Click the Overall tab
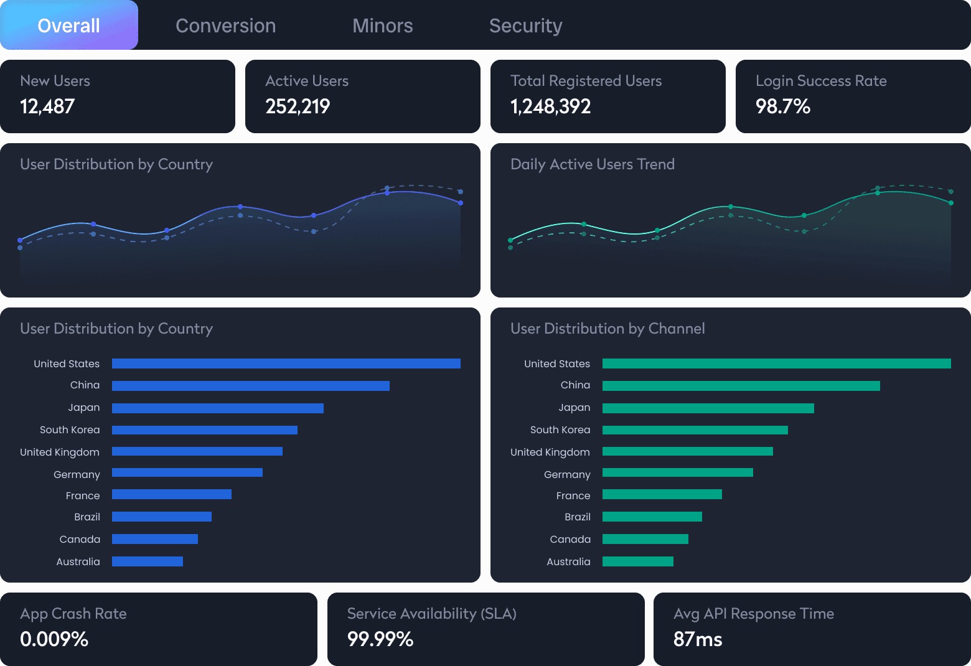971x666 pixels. (x=68, y=26)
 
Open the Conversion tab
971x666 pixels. (x=225, y=26)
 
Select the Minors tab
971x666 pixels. (x=382, y=26)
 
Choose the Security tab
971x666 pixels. (x=525, y=26)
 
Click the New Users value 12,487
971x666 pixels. (x=47, y=106)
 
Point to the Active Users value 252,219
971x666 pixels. (x=298, y=106)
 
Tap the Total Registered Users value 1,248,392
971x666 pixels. (x=550, y=106)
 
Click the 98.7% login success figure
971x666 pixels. (x=782, y=106)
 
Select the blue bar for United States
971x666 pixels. (x=286, y=363)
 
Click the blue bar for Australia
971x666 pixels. (x=148, y=561)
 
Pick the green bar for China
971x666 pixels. (x=741, y=386)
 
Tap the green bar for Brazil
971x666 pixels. (x=652, y=517)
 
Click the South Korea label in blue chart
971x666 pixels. (x=70, y=430)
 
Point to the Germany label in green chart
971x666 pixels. (x=567, y=475)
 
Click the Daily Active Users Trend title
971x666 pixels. (x=592, y=164)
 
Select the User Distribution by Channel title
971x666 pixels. (x=607, y=329)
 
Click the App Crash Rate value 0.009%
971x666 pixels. (x=54, y=639)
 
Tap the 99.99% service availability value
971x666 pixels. (x=380, y=639)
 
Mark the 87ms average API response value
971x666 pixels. (x=698, y=639)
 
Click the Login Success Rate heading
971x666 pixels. (x=820, y=81)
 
